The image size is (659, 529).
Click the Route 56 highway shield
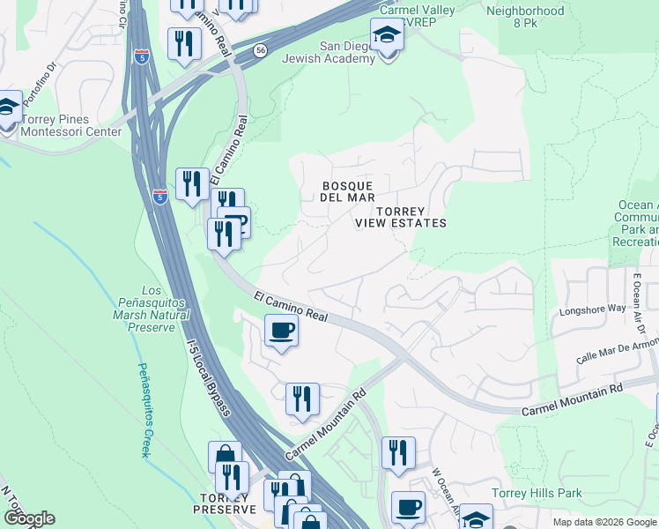[x=260, y=51]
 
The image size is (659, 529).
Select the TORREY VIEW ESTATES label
[x=401, y=218]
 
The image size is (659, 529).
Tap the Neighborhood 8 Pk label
[x=525, y=19]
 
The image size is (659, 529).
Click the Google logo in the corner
[x=30, y=518]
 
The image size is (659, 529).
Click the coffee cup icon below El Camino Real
[x=281, y=332]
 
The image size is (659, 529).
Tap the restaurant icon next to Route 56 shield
[x=183, y=43]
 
